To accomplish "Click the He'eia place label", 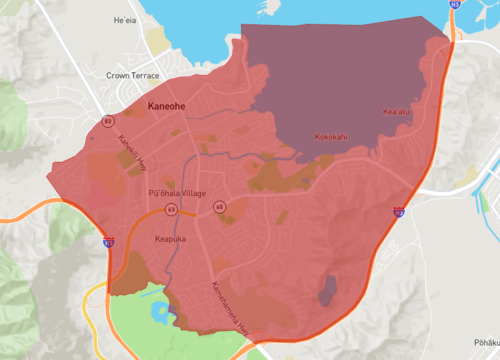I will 125,20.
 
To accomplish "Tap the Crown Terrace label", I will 133,75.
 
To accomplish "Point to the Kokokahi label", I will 331,137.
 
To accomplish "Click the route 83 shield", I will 106,122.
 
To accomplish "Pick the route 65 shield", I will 219,206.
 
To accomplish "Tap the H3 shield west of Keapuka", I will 107,241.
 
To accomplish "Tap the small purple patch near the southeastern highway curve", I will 327,290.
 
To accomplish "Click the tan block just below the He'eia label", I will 156,38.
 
